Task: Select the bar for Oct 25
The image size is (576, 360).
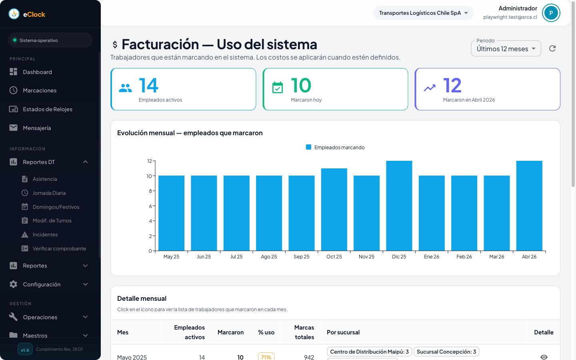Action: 334,210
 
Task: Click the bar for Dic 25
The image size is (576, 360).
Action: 399,206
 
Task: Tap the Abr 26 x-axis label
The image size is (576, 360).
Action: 529,257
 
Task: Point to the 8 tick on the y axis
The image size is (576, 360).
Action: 150,191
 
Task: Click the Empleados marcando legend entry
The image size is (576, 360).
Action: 335,148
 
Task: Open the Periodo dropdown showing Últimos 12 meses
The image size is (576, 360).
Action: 506,49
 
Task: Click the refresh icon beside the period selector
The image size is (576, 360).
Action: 552,48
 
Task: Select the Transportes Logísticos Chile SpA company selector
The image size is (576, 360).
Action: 423,13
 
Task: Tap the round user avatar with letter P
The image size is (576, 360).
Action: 551,13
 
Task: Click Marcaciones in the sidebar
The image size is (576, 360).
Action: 40,90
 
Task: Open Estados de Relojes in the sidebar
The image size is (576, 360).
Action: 48,109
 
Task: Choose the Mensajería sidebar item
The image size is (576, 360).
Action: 37,128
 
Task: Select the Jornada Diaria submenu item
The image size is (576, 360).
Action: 49,193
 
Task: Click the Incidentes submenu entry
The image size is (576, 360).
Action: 45,235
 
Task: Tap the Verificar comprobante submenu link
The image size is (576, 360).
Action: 59,249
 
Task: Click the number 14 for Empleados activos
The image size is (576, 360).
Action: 148,86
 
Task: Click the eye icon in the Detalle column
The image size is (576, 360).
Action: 544,357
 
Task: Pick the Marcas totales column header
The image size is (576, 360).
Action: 304,332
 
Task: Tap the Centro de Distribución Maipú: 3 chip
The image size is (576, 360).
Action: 369,352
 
